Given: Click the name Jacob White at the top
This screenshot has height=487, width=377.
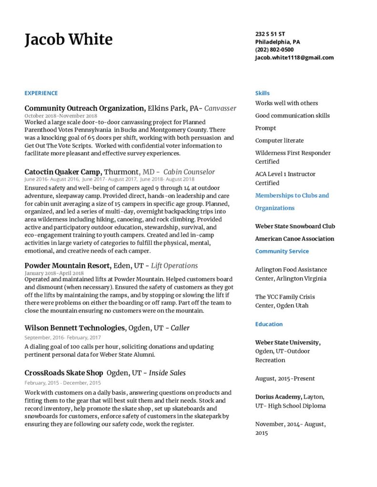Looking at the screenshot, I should tap(69, 39).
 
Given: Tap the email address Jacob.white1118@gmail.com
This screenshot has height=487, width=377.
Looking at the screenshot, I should tap(294, 58).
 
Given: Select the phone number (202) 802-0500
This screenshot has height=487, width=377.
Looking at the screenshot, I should tap(274, 49).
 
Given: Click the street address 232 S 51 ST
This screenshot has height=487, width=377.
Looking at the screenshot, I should tap(270, 34).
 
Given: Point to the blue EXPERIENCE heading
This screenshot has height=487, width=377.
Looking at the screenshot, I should tap(41, 93).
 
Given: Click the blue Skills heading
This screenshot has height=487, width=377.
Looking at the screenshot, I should tap(262, 93).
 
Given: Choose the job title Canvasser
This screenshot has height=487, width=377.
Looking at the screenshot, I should tap(220, 108).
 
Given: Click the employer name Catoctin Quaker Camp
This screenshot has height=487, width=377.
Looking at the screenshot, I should tap(63, 172).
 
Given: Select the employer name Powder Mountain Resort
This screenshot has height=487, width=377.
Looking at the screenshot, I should tap(68, 265).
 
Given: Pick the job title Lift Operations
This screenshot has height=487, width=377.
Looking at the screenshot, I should tap(174, 265).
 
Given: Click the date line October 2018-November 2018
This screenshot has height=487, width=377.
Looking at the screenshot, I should tap(61, 116).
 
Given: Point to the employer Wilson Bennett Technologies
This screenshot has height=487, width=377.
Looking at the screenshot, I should tap(74, 328).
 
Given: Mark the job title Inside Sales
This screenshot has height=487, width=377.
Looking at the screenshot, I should tap(167, 373).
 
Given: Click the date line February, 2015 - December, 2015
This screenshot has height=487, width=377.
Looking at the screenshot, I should tap(62, 383).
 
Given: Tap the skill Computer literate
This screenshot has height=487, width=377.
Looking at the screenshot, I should tap(279, 140).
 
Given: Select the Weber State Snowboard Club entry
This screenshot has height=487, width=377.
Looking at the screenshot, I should tap(295, 226).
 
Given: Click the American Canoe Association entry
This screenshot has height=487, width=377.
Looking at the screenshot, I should tap(295, 239).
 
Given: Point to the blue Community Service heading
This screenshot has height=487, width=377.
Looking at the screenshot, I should tap(282, 251).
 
